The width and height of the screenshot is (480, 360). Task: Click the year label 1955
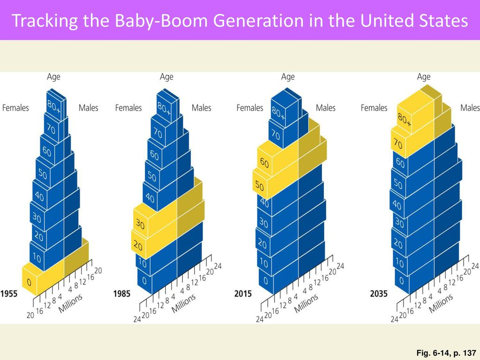(x=9, y=294)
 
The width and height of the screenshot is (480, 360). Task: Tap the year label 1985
(x=122, y=294)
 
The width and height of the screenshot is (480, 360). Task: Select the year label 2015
(x=243, y=294)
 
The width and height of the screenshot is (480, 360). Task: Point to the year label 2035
(x=379, y=294)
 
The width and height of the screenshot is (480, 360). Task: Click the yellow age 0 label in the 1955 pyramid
(x=29, y=282)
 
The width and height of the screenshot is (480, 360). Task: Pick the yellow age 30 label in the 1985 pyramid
(x=140, y=225)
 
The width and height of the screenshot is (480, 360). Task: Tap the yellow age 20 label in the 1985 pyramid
(x=138, y=246)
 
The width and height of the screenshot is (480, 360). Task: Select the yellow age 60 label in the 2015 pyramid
(x=264, y=163)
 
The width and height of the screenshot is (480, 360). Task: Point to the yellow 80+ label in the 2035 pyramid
(x=405, y=120)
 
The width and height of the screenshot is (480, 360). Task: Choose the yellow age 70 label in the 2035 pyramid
(x=398, y=143)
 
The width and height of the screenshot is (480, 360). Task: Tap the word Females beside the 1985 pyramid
(x=128, y=108)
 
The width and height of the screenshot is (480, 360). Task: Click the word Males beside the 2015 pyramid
(x=325, y=108)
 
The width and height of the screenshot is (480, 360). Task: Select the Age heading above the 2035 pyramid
(x=424, y=76)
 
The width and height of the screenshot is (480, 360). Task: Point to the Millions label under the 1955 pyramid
(x=70, y=303)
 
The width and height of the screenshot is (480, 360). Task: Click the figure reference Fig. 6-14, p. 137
(x=446, y=353)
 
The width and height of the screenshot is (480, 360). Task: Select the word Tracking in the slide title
(x=45, y=21)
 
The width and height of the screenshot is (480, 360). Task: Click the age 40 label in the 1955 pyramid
(x=39, y=196)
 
